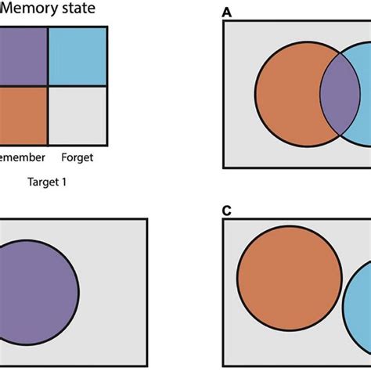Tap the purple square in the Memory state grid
23,56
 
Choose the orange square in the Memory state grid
23,112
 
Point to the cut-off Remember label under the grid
22,157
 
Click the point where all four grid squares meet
49,85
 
